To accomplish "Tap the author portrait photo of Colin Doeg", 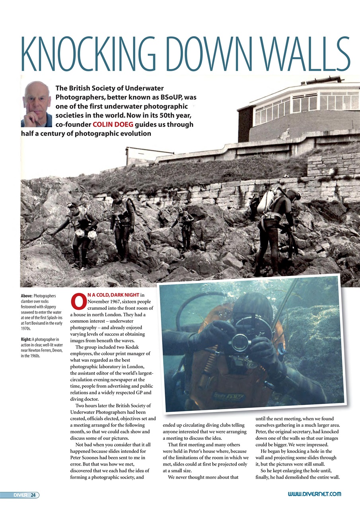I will tap(36, 104).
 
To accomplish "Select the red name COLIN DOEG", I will tap(113, 124).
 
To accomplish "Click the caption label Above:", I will tap(27, 296).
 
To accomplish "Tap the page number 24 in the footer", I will tap(33, 495).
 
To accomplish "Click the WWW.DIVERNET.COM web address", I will tap(314, 494).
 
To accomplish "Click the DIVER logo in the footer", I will tap(20, 495).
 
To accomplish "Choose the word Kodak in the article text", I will tap(129, 346).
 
